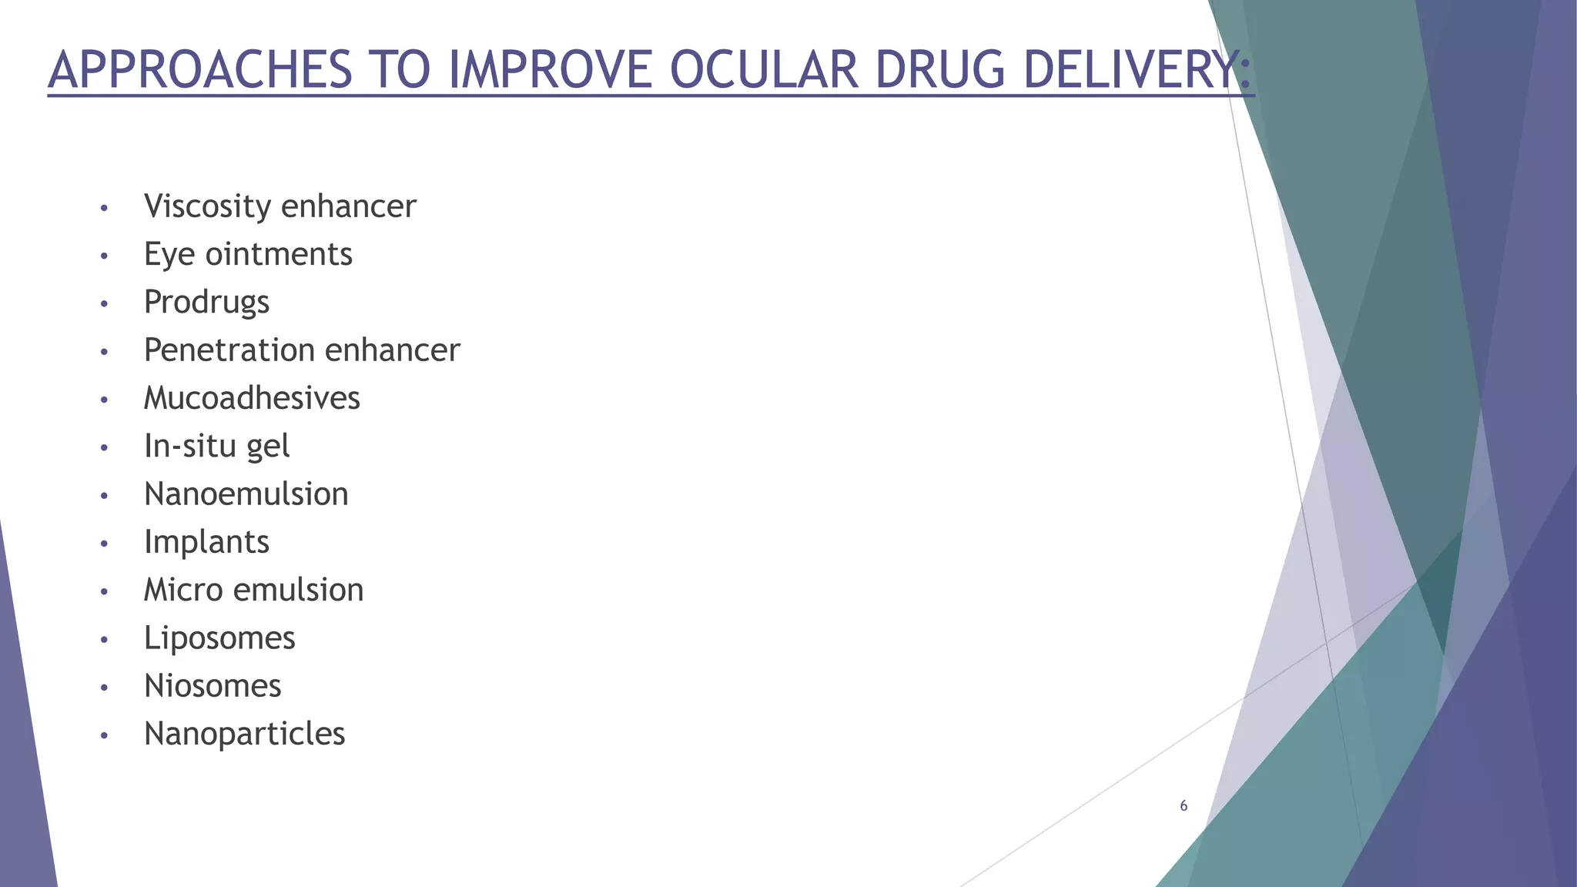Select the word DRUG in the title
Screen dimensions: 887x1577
939,70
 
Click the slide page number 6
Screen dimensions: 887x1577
1184,806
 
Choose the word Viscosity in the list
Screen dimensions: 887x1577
207,206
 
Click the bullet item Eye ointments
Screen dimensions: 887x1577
248,254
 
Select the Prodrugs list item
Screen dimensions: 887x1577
206,302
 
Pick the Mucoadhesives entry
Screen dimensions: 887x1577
252,398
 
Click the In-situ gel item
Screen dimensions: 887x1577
216,446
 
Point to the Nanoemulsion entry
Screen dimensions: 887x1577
246,494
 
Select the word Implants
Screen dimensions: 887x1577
206,542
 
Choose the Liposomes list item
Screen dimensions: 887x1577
219,638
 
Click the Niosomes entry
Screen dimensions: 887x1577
213,686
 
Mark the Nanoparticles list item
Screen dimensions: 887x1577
244,734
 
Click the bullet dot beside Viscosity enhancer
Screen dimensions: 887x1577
104,209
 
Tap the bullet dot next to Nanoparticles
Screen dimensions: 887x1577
104,736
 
